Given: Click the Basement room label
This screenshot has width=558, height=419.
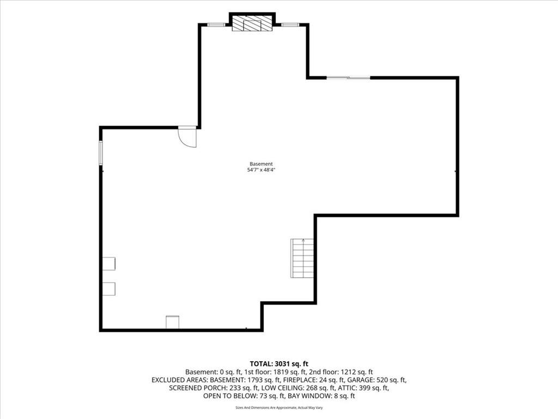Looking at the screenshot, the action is point(261,164).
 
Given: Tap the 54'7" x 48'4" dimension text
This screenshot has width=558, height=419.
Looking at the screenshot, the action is point(261,170).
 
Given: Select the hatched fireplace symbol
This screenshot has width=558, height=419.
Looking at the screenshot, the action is point(252,23).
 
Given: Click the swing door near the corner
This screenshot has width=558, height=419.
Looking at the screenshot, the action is point(187,137).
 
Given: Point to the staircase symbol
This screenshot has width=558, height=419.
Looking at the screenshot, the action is point(302,258).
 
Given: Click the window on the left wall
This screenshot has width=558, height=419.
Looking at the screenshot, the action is point(101,153).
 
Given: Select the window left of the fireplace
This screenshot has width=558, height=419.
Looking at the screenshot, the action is point(216,25).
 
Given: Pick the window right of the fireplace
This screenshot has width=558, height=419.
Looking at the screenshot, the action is point(290,25).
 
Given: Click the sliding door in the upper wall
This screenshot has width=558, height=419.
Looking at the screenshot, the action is point(348,77).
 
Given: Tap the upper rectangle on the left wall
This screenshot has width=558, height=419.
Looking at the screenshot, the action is point(109,264).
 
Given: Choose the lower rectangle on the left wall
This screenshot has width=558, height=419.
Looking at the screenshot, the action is point(109,289).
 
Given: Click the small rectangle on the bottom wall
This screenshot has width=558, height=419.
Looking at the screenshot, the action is point(172,322).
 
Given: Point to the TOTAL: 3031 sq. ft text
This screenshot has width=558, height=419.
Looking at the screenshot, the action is point(279,364).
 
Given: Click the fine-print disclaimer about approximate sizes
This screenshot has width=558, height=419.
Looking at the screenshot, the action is point(279,407).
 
